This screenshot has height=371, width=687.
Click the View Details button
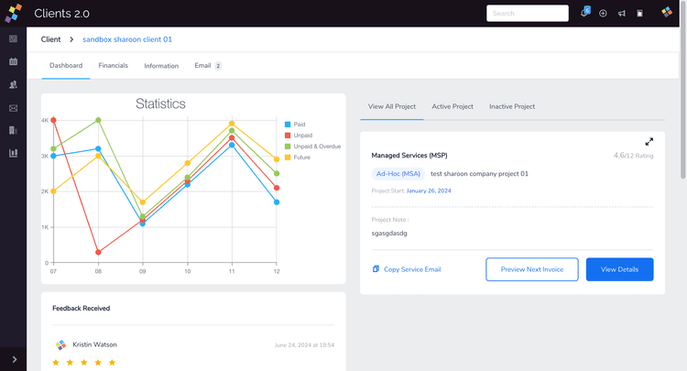click(619, 269)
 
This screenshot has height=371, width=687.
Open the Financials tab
click(114, 66)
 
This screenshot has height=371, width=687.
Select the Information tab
click(161, 66)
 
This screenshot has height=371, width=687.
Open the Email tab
click(203, 66)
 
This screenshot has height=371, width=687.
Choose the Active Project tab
click(453, 106)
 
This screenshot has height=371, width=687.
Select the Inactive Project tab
click(512, 106)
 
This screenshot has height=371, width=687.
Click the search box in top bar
click(528, 14)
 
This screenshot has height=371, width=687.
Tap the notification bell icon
click(584, 14)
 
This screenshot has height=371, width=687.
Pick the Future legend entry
click(301, 157)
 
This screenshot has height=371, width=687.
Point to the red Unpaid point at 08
click(98, 252)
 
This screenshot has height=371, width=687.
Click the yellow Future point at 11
click(232, 124)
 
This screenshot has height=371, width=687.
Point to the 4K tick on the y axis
click(45, 120)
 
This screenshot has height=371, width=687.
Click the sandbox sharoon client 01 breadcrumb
click(127, 39)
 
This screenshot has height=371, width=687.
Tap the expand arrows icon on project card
click(649, 142)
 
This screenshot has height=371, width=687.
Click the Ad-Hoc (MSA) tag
click(398, 173)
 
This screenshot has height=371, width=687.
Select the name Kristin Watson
click(94, 344)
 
